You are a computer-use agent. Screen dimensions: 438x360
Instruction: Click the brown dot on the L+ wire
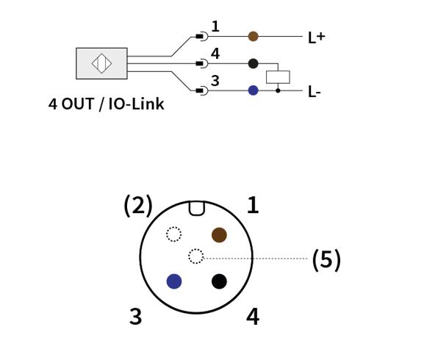pos(253,36)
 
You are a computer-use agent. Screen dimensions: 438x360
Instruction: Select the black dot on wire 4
pos(253,63)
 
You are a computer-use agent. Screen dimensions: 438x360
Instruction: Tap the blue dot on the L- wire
pos(253,90)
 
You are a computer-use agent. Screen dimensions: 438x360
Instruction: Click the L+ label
pos(317,37)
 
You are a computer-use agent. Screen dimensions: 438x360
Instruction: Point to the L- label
pos(315,92)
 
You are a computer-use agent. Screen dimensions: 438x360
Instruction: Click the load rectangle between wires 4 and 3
pos(278,77)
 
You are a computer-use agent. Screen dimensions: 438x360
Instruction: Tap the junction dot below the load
pos(278,90)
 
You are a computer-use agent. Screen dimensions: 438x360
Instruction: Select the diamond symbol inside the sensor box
pos(101,63)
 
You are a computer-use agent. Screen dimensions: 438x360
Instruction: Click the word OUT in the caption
pos(78,104)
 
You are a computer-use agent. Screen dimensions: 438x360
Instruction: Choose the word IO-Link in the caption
pos(136,104)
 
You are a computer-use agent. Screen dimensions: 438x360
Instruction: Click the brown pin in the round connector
pos(219,235)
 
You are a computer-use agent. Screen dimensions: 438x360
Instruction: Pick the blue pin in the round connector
pos(174,281)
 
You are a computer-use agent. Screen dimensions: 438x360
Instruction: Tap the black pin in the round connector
pos(219,281)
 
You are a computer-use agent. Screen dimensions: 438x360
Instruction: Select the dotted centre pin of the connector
pos(195,256)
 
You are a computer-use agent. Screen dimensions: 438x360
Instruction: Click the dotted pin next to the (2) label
pos(173,234)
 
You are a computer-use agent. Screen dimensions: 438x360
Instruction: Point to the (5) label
pos(326,260)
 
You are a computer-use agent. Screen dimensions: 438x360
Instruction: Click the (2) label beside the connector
pos(138,206)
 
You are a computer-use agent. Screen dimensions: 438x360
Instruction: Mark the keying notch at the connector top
pos(197,209)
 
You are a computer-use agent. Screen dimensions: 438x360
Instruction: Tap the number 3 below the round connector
pos(136,317)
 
